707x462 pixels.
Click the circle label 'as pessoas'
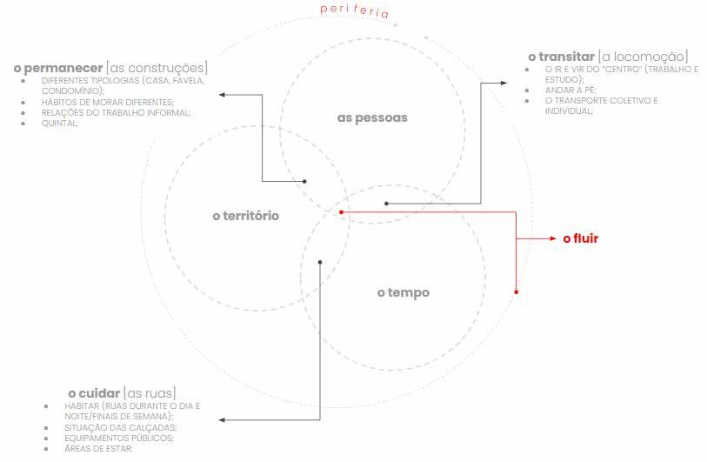(372, 117)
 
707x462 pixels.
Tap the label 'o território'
(246, 215)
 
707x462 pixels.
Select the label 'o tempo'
(403, 292)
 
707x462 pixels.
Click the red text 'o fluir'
(581, 238)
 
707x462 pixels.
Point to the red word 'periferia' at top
(354, 11)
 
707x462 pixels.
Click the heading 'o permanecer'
(58, 67)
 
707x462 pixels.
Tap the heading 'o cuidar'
(93, 392)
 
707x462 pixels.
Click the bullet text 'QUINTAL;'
(60, 123)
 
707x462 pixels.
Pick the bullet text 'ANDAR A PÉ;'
(570, 90)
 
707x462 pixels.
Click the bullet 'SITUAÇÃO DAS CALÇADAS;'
(121, 427)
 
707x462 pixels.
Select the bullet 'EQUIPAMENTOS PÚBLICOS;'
(119, 438)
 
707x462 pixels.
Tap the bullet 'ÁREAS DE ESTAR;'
(98, 448)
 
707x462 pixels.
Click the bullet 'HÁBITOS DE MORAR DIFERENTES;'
(107, 102)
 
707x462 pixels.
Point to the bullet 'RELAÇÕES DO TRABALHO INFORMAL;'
(116, 112)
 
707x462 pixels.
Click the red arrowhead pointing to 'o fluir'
(552, 238)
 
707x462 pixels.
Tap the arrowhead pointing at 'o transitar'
(505, 83)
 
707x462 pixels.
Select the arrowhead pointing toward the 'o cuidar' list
(221, 419)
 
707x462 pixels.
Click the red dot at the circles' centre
(341, 211)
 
